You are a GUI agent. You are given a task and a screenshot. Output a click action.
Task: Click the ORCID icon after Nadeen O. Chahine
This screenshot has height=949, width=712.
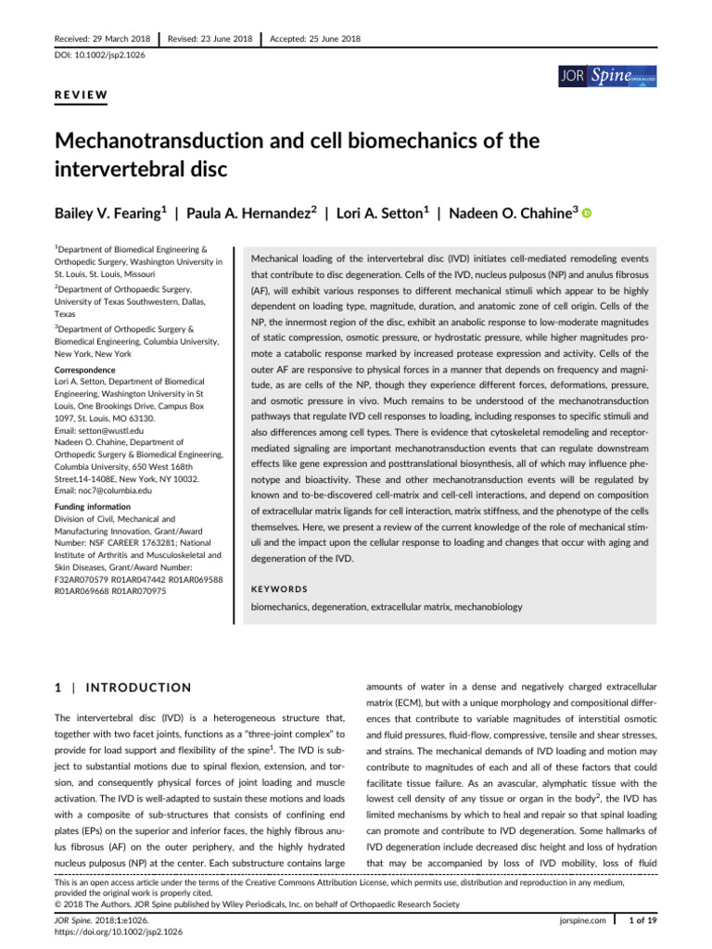pos(586,213)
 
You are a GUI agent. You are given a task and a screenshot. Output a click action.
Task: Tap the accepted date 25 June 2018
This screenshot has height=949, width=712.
pos(314,39)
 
